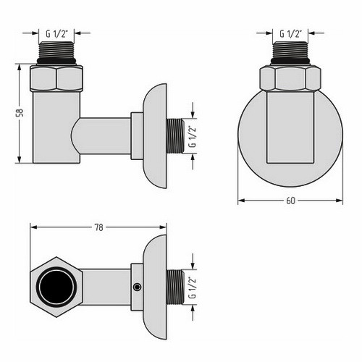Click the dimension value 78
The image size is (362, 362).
click(x=98, y=227)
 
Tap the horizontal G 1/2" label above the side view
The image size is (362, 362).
click(x=57, y=33)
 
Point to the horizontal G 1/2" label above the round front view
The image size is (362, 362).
click(x=291, y=33)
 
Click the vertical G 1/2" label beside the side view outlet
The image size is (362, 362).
click(x=193, y=134)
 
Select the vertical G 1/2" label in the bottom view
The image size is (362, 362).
click(x=193, y=285)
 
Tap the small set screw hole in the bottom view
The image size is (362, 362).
click(x=136, y=287)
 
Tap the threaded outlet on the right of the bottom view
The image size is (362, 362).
click(x=177, y=285)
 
